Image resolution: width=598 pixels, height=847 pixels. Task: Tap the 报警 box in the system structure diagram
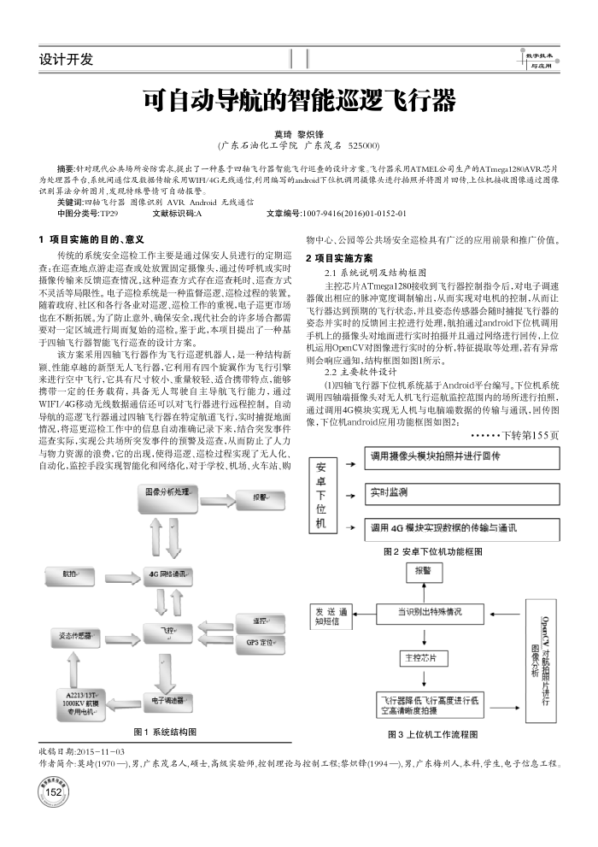tap(256, 497)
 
